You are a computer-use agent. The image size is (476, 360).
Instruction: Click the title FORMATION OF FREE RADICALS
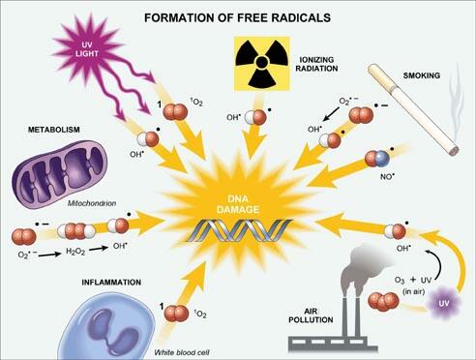click(237, 16)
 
